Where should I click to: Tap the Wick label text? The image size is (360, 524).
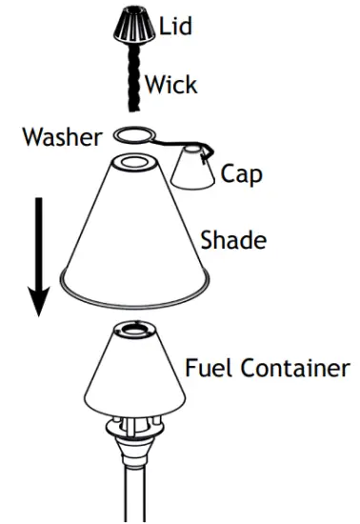pyautogui.click(x=171, y=85)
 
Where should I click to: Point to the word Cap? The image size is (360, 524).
pyautogui.click(x=239, y=173)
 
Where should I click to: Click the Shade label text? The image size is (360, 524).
pyautogui.click(x=232, y=239)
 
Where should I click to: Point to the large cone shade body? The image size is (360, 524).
pyautogui.click(x=133, y=229)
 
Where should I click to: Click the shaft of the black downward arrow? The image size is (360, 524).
pyautogui.click(x=38, y=238)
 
